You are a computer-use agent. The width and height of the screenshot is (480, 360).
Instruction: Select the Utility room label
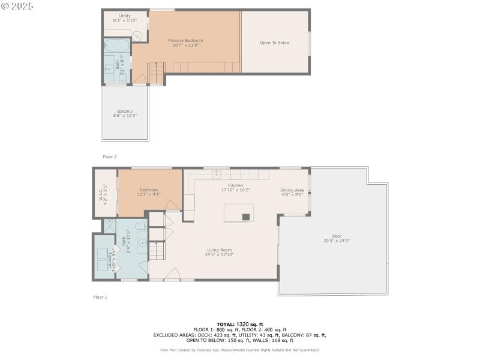click(125, 16)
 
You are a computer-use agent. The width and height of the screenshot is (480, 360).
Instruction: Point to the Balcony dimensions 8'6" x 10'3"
click(125, 116)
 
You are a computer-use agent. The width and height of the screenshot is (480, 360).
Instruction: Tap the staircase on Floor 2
click(155, 73)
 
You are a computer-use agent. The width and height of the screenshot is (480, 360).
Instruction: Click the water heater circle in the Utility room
click(138, 35)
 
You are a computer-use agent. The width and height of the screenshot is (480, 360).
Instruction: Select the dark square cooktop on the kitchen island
click(246, 217)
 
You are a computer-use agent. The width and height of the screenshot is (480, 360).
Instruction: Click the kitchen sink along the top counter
click(217, 175)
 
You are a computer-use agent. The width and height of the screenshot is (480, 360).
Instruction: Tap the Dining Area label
click(293, 190)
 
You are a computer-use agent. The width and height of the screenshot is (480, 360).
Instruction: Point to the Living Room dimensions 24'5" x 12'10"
click(220, 254)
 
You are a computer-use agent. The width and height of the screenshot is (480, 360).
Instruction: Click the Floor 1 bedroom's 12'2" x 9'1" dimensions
click(149, 194)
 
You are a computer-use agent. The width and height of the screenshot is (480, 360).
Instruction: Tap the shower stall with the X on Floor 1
click(110, 226)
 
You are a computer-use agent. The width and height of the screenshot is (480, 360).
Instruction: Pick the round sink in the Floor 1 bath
click(142, 243)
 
